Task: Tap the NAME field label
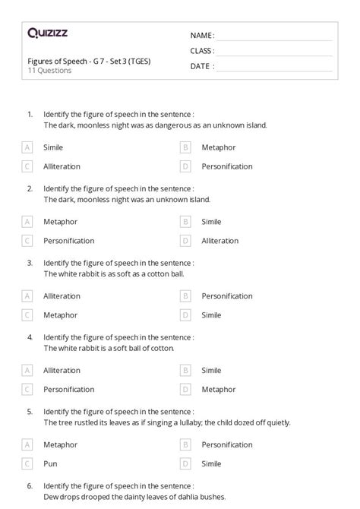click(201, 36)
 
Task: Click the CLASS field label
click(202, 51)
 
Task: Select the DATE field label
click(201, 66)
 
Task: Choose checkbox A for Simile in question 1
click(27, 147)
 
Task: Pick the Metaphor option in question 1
click(218, 147)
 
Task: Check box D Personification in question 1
click(185, 166)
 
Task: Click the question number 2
click(30, 188)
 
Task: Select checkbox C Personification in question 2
click(27, 240)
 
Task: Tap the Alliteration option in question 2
click(219, 240)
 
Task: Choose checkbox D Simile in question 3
click(185, 315)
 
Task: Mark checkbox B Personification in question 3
click(185, 296)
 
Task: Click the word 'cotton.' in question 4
click(162, 347)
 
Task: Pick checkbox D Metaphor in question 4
click(185, 389)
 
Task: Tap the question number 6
click(30, 485)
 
